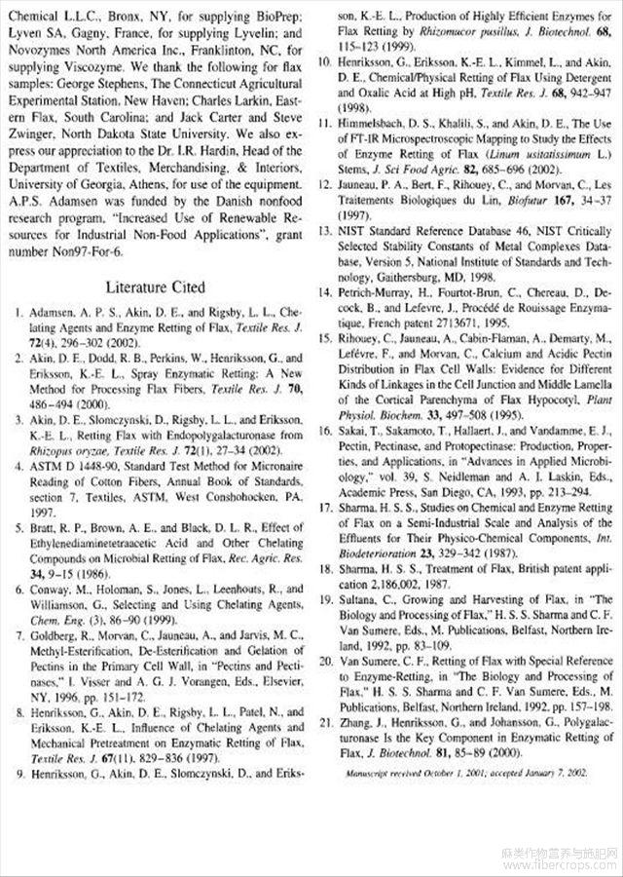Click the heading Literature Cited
coord(156,287)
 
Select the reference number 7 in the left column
coord(19,633)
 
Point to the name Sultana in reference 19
coord(362,597)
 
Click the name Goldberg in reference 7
coord(55,633)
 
